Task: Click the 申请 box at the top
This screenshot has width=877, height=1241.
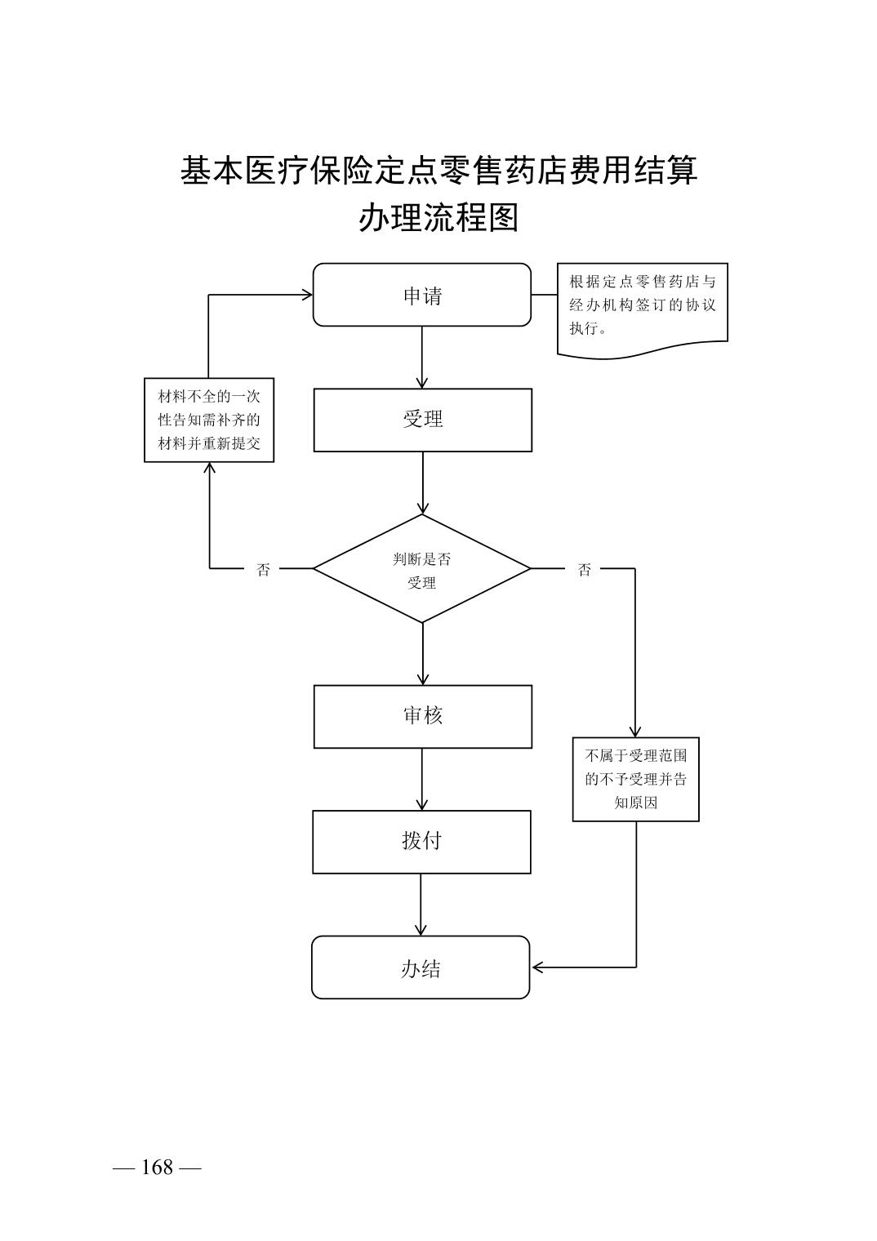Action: (x=421, y=295)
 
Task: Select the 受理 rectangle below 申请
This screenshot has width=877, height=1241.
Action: (x=422, y=420)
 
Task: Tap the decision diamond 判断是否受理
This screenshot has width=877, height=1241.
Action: (x=422, y=569)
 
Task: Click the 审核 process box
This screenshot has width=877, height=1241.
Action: (x=422, y=716)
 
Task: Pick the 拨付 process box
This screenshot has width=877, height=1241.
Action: (x=421, y=842)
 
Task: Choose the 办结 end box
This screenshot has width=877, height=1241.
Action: (x=421, y=967)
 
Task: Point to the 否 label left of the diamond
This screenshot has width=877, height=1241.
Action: (x=263, y=570)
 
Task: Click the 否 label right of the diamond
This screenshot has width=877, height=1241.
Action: (x=585, y=570)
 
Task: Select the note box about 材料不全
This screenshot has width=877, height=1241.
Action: (x=209, y=420)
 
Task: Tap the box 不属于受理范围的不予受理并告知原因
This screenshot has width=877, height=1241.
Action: (x=635, y=779)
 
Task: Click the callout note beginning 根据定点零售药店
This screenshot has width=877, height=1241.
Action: (x=642, y=307)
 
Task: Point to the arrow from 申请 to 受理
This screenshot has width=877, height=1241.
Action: (x=422, y=358)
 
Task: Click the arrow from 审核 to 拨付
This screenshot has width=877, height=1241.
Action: (x=422, y=780)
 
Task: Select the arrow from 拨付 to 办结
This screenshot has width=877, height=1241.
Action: (x=421, y=905)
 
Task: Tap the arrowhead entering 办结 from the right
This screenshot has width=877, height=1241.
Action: (x=538, y=967)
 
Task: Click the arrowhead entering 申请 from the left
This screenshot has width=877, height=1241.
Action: (x=306, y=295)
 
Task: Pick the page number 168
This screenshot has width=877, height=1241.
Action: (x=157, y=1168)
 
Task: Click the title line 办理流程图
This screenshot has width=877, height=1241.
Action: (x=438, y=218)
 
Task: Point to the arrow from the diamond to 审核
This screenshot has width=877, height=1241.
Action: (x=422, y=654)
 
